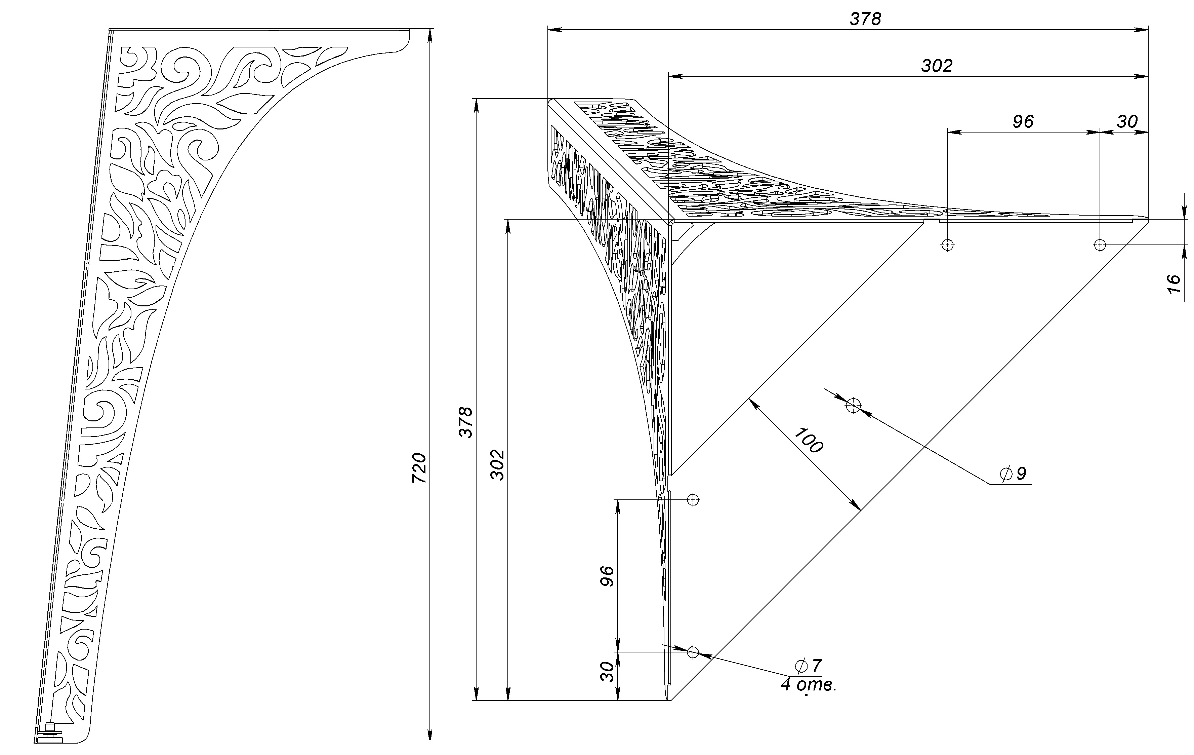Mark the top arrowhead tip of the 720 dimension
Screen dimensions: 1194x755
429,29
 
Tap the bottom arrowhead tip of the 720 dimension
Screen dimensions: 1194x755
429,740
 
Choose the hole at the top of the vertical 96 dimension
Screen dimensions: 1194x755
693,499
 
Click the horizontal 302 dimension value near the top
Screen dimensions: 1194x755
937,66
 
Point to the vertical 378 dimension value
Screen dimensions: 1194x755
466,422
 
